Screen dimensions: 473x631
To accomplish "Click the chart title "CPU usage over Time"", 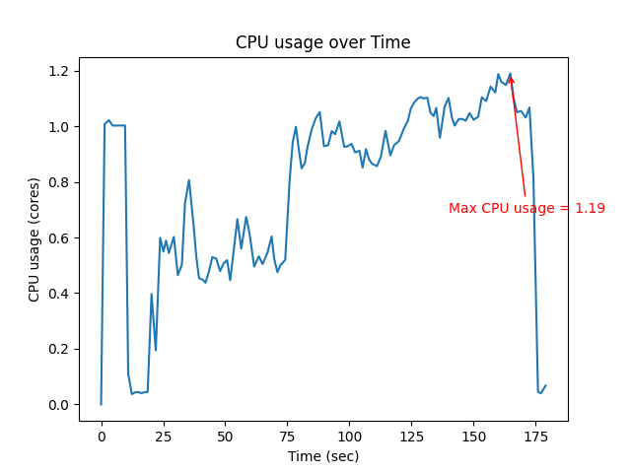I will pyautogui.click(x=322, y=42).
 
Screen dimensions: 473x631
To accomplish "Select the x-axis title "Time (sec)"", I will pyautogui.click(x=322, y=456).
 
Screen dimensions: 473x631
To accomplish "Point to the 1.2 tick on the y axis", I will pyautogui.click(x=60, y=71).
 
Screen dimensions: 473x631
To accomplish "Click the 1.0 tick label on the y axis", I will pyautogui.click(x=60, y=127).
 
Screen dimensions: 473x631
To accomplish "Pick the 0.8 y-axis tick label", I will pyautogui.click(x=60, y=182).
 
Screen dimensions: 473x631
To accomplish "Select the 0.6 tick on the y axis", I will pyautogui.click(x=60, y=238).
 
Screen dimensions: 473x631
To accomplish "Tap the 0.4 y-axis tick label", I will pyautogui.click(x=60, y=294).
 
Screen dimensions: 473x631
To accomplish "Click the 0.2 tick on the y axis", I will pyautogui.click(x=60, y=349).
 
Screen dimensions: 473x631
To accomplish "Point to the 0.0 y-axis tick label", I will pyautogui.click(x=60, y=405).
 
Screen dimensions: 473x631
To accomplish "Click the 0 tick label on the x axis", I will pyautogui.click(x=102, y=436).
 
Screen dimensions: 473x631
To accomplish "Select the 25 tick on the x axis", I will pyautogui.click(x=164, y=436).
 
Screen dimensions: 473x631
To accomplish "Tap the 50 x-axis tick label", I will pyautogui.click(x=226, y=436).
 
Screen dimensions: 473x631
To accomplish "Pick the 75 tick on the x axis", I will pyautogui.click(x=288, y=436).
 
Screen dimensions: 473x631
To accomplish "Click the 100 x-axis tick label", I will pyautogui.click(x=350, y=436).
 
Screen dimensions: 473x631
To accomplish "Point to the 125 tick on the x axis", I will pyautogui.click(x=412, y=436).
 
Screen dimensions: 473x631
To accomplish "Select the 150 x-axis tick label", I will pyautogui.click(x=474, y=436).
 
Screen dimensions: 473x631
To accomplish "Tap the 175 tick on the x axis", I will pyautogui.click(x=536, y=436).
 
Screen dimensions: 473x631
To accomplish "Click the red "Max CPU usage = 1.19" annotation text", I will pyautogui.click(x=526, y=209).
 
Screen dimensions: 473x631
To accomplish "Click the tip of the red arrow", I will pyautogui.click(x=510, y=75).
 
